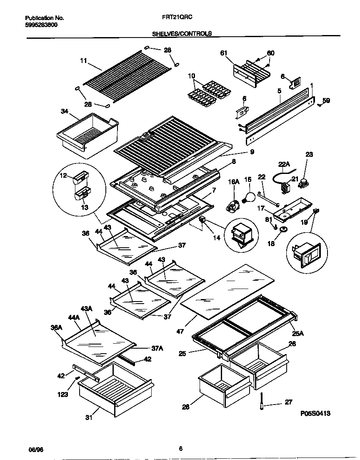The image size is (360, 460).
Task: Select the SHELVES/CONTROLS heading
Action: tap(182, 34)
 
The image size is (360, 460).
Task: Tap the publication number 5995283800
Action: tap(42, 25)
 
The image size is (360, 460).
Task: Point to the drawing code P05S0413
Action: tap(315, 414)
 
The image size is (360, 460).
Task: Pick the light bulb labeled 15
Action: tap(250, 197)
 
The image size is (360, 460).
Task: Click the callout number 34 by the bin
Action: tap(64, 111)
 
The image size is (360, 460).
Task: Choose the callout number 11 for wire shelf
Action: tap(83, 61)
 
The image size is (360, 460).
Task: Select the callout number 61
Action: tap(224, 53)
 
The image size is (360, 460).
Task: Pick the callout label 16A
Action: tap(234, 182)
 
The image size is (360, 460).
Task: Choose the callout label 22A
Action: tap(283, 164)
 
